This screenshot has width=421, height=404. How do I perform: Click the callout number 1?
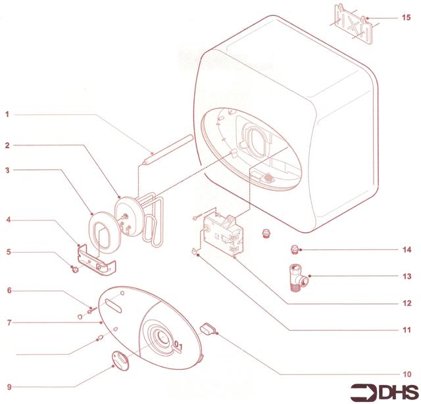[7, 114]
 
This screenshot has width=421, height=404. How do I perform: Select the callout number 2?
[7, 144]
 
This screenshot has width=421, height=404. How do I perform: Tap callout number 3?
[7, 170]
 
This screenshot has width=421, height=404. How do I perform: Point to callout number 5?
[7, 251]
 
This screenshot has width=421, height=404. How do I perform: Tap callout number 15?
[406, 17]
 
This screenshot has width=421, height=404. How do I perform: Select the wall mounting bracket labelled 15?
[353, 22]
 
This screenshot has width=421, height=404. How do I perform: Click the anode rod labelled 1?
[168, 148]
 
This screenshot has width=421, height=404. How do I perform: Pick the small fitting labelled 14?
[295, 249]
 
